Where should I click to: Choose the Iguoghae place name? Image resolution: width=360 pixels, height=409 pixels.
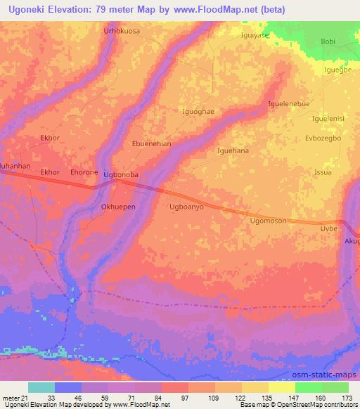coord(198,111)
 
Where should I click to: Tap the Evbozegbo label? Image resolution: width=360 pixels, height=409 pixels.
coord(323,138)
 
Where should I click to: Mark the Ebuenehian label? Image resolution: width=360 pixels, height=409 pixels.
coord(152,143)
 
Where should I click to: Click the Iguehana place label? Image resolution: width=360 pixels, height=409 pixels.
coord(233,150)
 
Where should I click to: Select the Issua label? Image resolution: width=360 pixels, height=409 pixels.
coord(323,172)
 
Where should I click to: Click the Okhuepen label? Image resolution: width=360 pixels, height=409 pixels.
coord(117,207)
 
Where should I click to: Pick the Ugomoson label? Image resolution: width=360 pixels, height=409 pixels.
coord(268,221)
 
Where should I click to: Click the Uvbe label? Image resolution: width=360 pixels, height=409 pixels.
coord(330,230)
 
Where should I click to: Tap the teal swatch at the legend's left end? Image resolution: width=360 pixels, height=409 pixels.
coord(41,387)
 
